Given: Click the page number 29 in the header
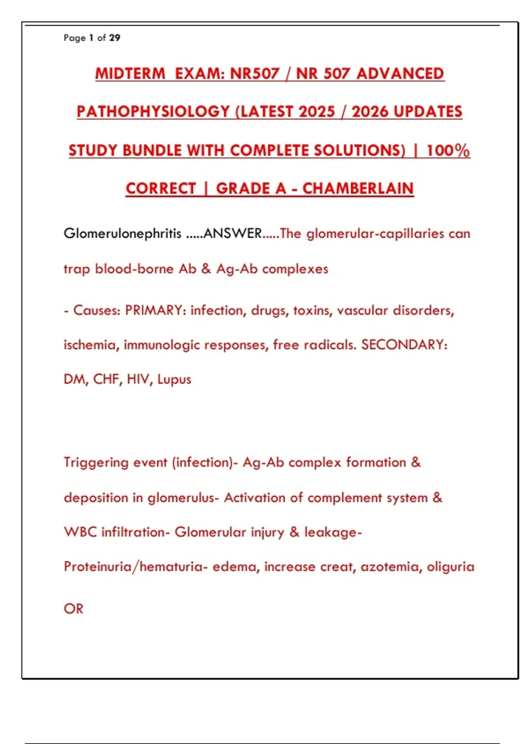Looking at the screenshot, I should point(115,38).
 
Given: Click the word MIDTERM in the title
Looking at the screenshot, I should point(130,74).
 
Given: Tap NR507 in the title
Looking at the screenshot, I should point(255,74).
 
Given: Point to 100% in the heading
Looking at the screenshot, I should point(448,150).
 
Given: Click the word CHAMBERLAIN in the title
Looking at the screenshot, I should point(358,189).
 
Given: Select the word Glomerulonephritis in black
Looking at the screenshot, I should point(122,233).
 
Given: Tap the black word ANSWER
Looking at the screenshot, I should point(233,233).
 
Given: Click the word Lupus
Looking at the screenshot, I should point(174,379).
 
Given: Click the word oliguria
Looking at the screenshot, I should point(451,567).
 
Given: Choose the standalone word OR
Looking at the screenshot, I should point(73,609).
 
